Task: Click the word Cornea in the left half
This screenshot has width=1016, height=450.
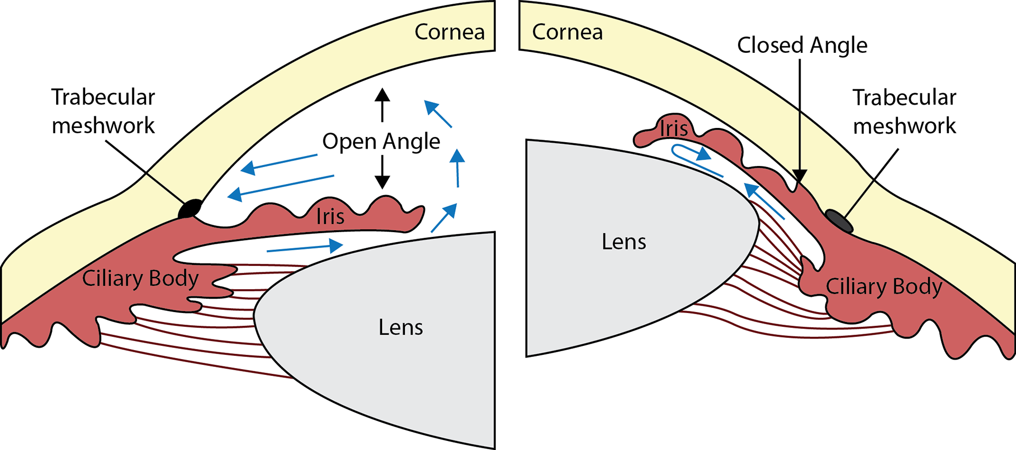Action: coord(449,32)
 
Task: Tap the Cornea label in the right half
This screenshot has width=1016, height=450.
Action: coord(567,32)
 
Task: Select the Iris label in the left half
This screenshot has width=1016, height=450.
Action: coord(330,216)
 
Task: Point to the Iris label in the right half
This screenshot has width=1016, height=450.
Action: coord(674,128)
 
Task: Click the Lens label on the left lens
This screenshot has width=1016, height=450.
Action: coord(401,327)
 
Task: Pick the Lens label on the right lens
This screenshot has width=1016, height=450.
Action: coord(624,242)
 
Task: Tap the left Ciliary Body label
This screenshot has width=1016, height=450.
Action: coord(140,279)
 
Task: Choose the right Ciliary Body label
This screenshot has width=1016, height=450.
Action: coord(884,287)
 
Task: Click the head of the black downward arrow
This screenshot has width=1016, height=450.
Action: coord(800,176)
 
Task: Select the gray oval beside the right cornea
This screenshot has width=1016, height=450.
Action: coord(839,221)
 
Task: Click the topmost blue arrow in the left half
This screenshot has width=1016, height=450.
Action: coord(438,114)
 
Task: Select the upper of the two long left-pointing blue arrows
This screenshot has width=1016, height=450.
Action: coord(279,162)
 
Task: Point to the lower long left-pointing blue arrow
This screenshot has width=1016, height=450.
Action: coord(280,186)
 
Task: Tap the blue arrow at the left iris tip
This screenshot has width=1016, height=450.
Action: coord(444,218)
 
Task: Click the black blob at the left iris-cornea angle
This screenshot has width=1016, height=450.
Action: coord(192,209)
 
